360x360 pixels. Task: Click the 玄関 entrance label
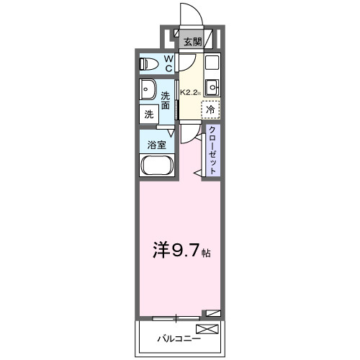[191, 42]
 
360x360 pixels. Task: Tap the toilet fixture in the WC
[150, 63]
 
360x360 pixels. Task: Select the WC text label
[168, 63]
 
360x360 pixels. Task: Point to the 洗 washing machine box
[149, 114]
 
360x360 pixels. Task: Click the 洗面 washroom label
[166, 101]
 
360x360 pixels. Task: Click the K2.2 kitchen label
[190, 92]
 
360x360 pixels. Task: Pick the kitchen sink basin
[212, 89]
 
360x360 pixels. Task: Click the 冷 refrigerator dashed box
[210, 110]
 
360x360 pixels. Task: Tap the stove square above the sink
[212, 63]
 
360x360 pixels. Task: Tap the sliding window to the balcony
[177, 316]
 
